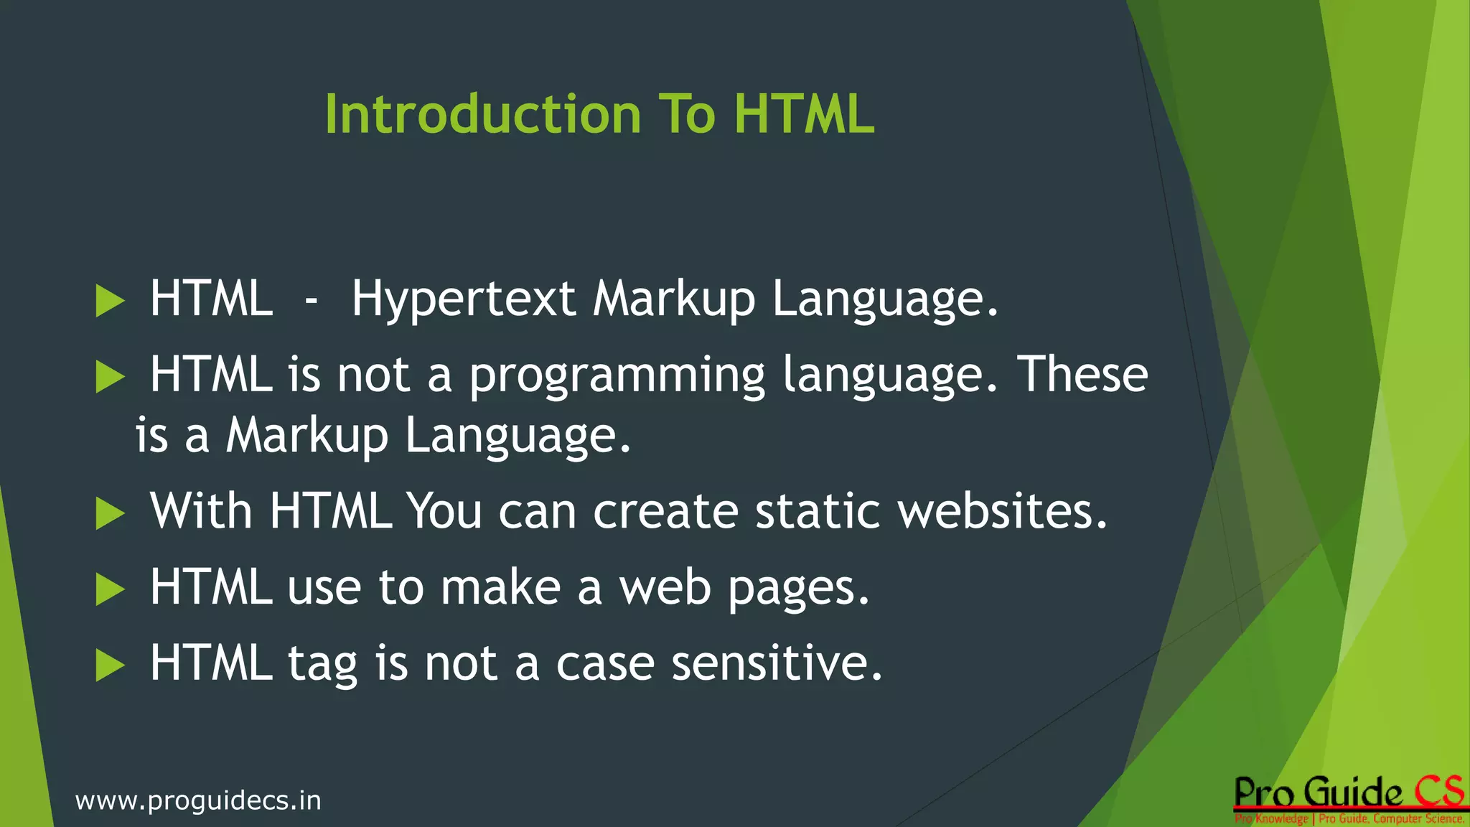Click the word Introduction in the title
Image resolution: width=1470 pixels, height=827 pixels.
(482, 114)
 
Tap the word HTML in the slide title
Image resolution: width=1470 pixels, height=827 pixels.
(804, 114)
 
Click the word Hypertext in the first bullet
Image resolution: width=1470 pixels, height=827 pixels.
(463, 300)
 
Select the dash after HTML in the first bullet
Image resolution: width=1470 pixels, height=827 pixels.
(311, 300)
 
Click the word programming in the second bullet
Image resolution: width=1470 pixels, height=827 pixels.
(617, 376)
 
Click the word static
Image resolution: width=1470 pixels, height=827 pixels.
(818, 513)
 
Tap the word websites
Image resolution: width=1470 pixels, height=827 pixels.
(1003, 513)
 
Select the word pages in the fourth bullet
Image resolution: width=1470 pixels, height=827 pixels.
(798, 589)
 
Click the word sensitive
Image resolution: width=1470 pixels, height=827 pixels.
(776, 663)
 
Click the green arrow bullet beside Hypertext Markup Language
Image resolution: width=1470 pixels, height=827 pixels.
(110, 301)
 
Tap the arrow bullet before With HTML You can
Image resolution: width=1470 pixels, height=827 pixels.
(110, 514)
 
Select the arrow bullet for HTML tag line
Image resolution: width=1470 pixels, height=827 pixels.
(110, 665)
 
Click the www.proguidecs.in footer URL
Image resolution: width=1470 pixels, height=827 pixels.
(198, 800)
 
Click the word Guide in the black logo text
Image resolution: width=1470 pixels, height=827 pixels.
(1352, 793)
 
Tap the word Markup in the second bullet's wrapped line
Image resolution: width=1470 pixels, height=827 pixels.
(306, 436)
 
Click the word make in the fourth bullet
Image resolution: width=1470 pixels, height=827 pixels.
(500, 588)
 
